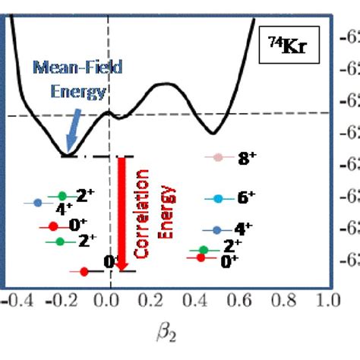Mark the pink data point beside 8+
pos(218,158)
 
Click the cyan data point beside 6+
pos(218,198)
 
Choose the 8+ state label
pos(248,159)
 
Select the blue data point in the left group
pos(38,203)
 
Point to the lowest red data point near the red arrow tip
pos(84,271)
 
